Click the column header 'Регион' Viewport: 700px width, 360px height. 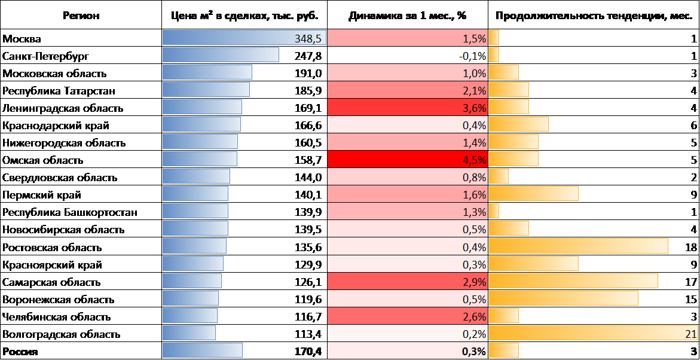[x=81, y=16]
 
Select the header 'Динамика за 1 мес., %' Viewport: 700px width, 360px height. [x=408, y=16]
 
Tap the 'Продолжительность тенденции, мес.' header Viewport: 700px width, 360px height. [x=594, y=16]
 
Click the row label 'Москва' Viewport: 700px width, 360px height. [x=22, y=39]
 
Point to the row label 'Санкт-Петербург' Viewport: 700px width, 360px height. [x=45, y=56]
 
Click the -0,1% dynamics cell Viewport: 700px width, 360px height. [x=472, y=56]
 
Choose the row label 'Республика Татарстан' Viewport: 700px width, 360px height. [x=59, y=91]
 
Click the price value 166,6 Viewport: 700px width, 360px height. [x=308, y=126]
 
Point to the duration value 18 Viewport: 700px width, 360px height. [x=691, y=247]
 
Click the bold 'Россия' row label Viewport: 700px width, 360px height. [x=20, y=352]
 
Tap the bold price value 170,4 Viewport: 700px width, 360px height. [x=308, y=352]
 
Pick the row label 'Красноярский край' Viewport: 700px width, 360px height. [x=53, y=264]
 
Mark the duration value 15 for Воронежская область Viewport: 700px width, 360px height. [x=691, y=299]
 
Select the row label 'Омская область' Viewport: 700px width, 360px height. [x=43, y=160]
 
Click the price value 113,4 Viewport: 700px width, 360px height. [x=308, y=334]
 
